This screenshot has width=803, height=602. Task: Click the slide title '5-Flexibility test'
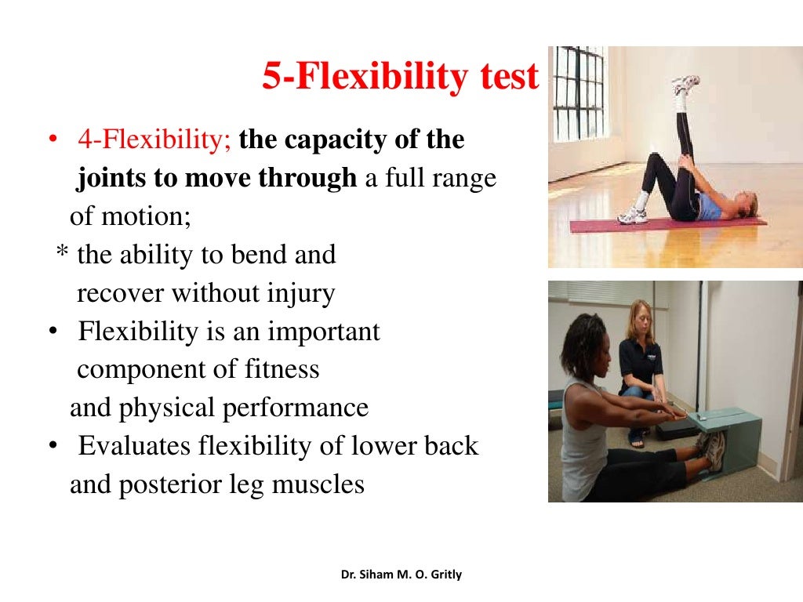[x=400, y=78]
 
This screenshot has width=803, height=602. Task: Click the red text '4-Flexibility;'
[x=154, y=140]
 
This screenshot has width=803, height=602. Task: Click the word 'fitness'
[x=285, y=369]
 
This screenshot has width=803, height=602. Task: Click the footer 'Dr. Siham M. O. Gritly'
[x=401, y=575]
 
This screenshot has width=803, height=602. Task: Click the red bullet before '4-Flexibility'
[x=51, y=140]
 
